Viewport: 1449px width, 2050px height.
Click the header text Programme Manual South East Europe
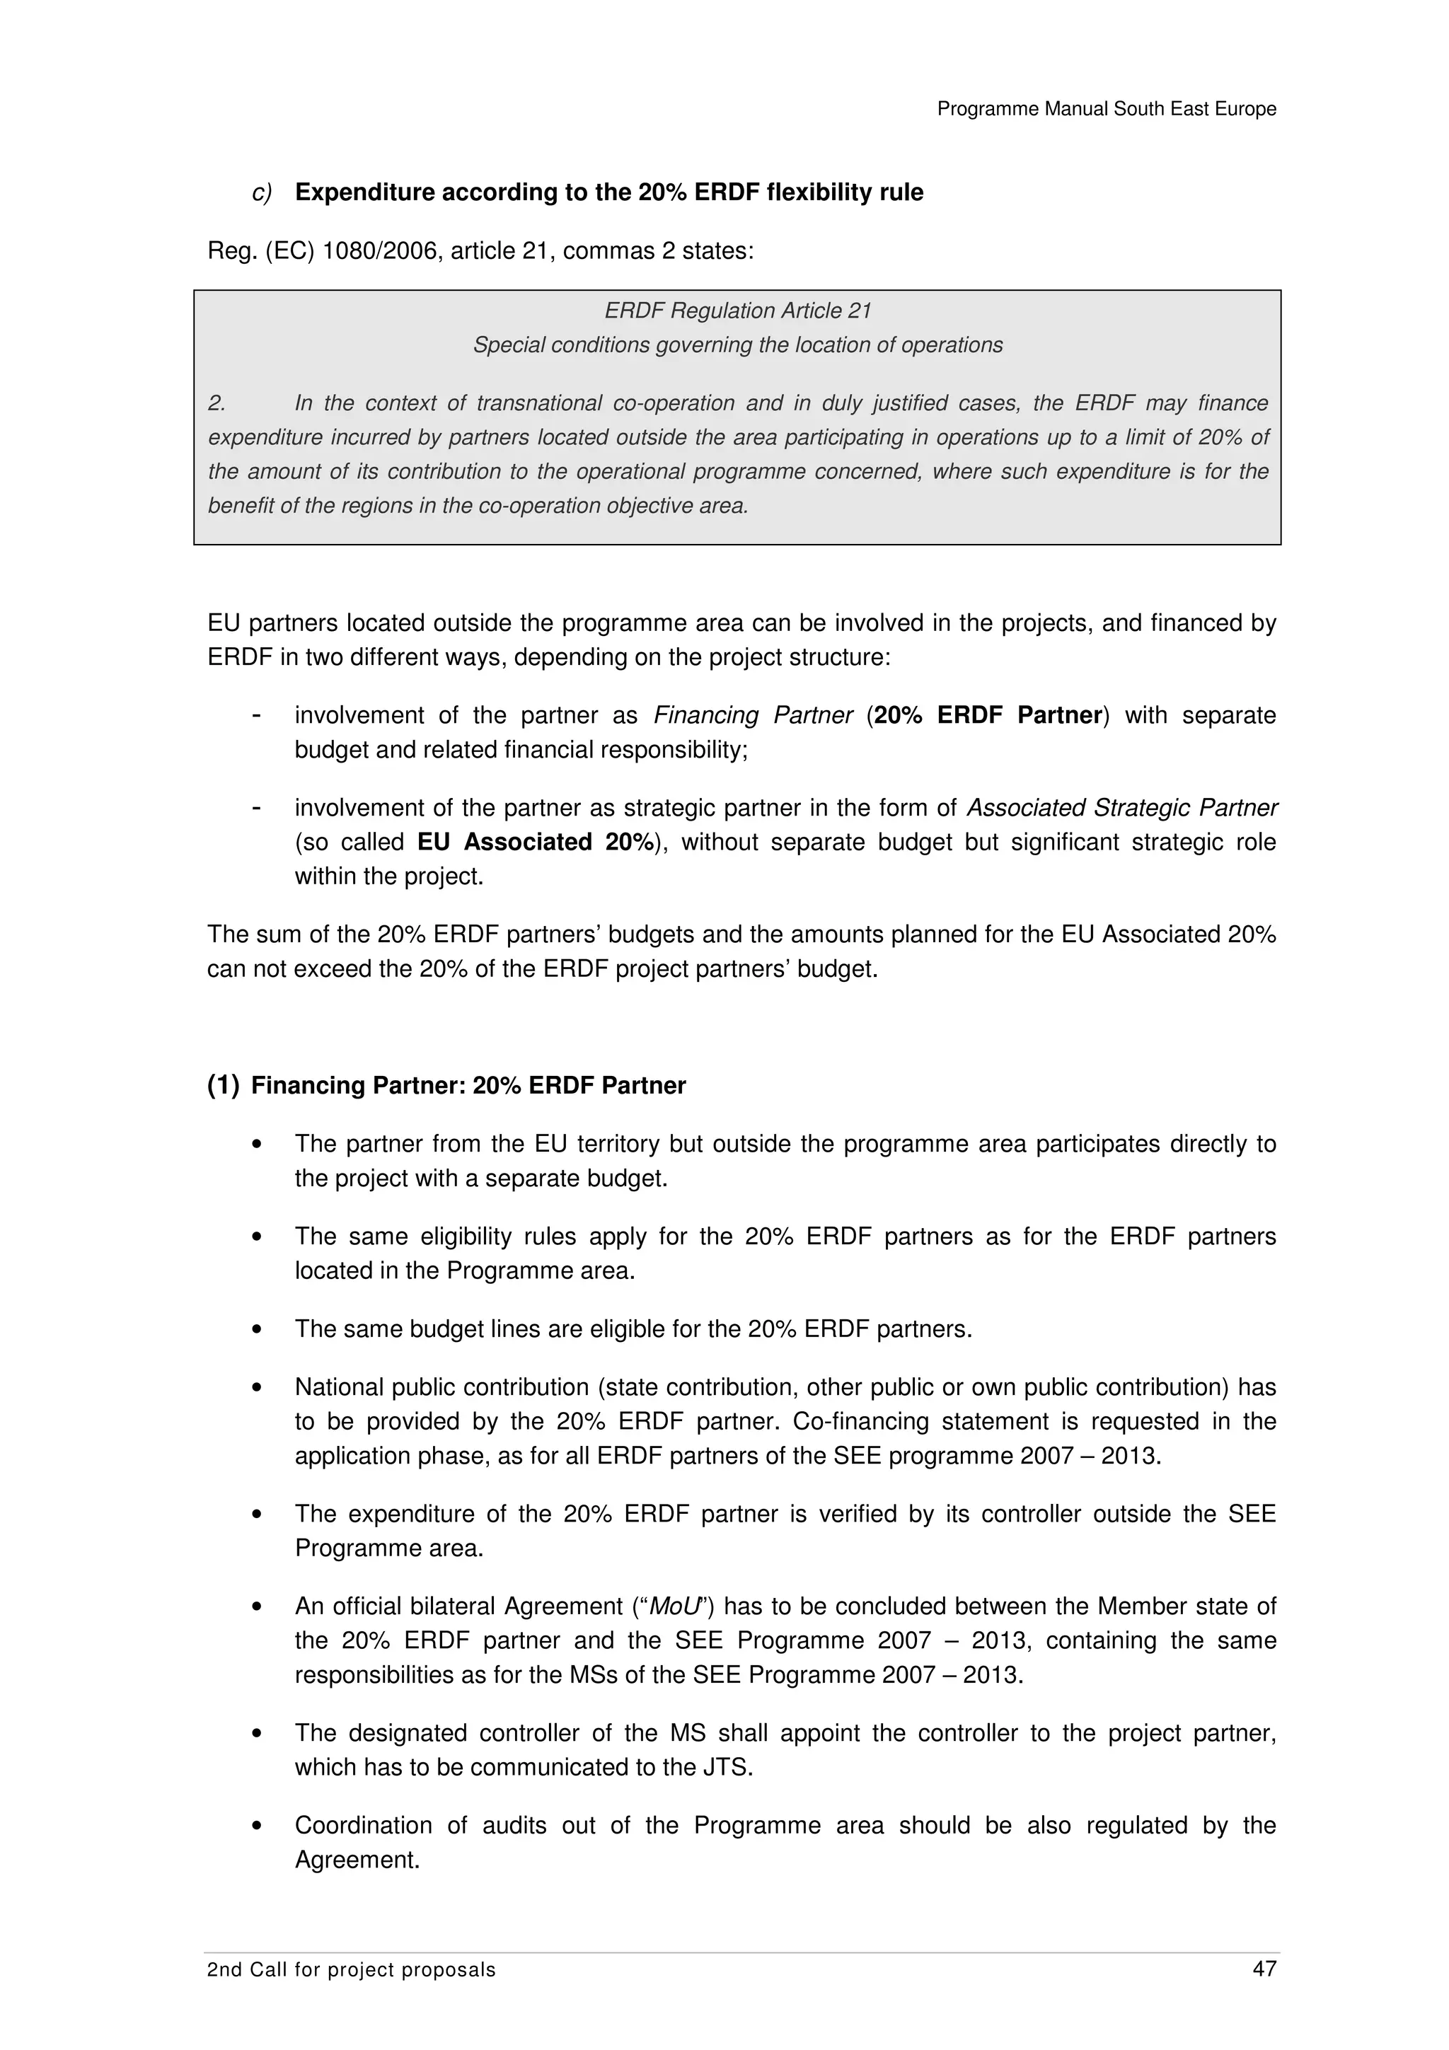1106,109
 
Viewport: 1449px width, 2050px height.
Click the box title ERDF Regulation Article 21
737,311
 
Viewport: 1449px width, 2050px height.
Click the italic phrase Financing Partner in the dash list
753,715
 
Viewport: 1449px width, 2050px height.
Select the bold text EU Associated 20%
536,842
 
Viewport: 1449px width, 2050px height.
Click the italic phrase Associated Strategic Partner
1122,808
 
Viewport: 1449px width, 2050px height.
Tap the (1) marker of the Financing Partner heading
223,1086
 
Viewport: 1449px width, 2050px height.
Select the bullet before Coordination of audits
257,1826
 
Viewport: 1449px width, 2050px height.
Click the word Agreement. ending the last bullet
357,1860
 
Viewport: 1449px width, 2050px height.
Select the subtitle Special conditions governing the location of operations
737,344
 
